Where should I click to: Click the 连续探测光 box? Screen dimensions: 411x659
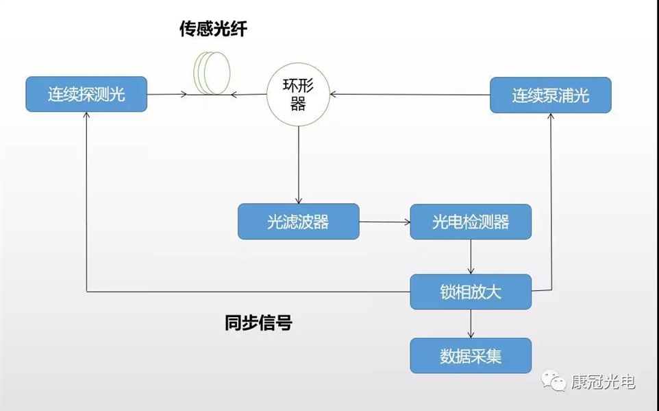click(x=86, y=95)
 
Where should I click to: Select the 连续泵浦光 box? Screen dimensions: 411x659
click(x=551, y=95)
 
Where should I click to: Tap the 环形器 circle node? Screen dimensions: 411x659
click(x=298, y=95)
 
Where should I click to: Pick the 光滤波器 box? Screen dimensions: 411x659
click(x=298, y=222)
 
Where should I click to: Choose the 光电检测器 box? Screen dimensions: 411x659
click(x=471, y=222)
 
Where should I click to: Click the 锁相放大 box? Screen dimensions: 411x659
click(x=471, y=292)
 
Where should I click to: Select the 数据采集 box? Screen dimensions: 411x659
click(x=471, y=356)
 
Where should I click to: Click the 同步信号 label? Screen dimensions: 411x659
click(x=258, y=322)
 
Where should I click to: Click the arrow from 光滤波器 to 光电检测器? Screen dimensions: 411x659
click(x=384, y=222)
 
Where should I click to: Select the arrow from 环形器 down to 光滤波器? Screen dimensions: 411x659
click(x=298, y=165)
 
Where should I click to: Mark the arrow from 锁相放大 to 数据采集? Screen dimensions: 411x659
click(x=471, y=323)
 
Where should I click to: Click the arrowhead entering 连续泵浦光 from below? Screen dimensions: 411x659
click(x=551, y=117)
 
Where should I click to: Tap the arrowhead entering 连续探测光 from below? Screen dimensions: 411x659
click(x=86, y=117)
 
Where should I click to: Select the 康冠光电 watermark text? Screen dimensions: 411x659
click(x=604, y=381)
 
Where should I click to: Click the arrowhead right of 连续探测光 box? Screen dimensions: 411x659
click(x=184, y=95)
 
